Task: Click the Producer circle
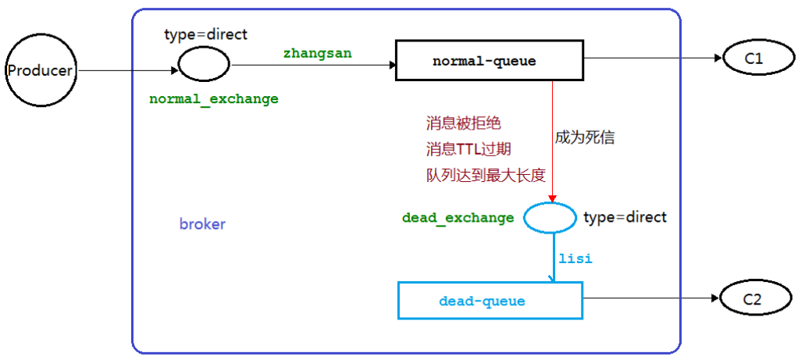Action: coord(40,71)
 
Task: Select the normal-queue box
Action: coord(484,61)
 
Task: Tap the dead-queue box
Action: coord(490,301)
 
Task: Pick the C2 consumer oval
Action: coord(750,298)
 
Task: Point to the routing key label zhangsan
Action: coord(316,53)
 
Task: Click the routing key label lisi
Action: coord(575,258)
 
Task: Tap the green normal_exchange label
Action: coord(213,99)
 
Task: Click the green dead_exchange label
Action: coord(458,218)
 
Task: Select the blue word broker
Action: coord(202,224)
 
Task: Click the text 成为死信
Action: coord(585,137)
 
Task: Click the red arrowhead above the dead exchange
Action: coord(553,198)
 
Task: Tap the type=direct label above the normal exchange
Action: coord(205,34)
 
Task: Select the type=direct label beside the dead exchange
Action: coord(625,217)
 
